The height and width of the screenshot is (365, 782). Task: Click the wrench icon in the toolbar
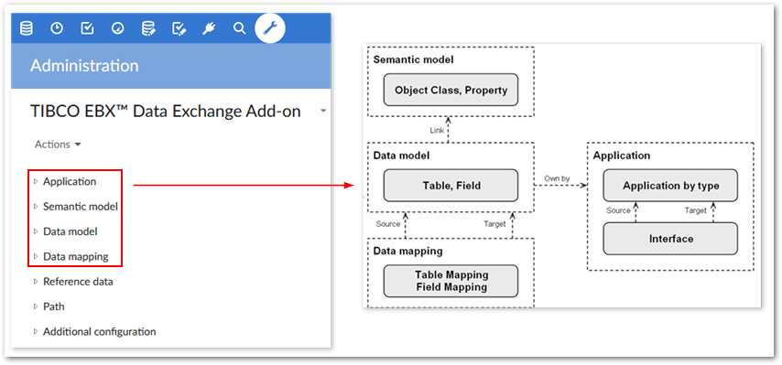click(269, 28)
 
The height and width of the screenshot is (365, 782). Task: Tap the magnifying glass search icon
click(239, 28)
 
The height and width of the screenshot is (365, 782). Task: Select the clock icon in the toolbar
click(57, 28)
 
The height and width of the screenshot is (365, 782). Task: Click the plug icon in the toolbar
click(209, 28)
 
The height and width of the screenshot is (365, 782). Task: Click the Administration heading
click(84, 66)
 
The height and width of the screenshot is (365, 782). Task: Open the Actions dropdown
click(58, 145)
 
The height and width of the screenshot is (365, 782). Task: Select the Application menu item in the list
click(70, 181)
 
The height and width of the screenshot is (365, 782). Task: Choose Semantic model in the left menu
click(80, 207)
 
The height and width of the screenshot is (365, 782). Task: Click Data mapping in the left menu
click(75, 256)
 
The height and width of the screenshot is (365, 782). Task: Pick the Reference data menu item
click(78, 282)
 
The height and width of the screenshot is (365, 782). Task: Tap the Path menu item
click(54, 306)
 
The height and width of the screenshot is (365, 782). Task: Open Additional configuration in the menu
click(99, 331)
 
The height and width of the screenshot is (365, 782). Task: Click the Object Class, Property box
click(451, 91)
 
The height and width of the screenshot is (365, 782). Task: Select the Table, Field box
click(451, 186)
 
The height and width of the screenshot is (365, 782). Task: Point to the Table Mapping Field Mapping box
click(451, 281)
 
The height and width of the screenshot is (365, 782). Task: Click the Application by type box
click(670, 186)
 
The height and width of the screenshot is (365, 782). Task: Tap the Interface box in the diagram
click(670, 239)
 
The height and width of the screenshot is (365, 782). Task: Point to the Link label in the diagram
click(438, 130)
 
